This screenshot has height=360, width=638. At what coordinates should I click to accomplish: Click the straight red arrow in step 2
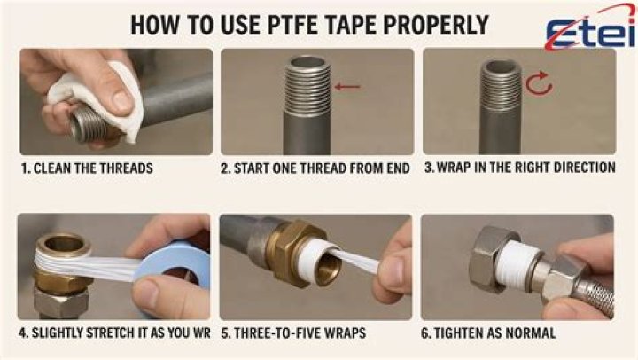click(347, 86)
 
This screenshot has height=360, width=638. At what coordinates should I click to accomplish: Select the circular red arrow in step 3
click(539, 82)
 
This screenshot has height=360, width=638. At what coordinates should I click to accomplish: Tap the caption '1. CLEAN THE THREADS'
click(87, 168)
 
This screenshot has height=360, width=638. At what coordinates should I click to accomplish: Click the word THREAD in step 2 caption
click(324, 168)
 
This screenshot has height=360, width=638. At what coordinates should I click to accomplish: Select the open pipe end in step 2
click(307, 62)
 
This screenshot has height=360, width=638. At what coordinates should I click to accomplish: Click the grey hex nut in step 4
click(61, 302)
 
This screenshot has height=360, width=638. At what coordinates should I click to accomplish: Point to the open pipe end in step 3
click(501, 65)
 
